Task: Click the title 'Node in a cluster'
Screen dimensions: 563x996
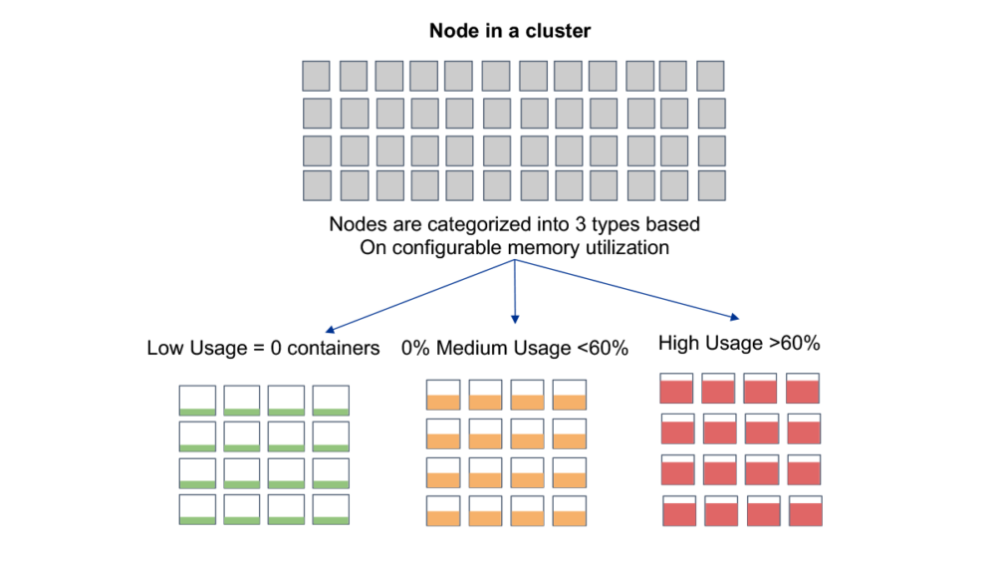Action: point(510,31)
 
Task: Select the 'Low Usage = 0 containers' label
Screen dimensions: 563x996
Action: point(264,348)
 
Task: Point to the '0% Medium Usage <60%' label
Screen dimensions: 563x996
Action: point(515,348)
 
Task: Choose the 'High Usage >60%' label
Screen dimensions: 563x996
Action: point(739,344)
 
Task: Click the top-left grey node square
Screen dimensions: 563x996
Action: point(316,76)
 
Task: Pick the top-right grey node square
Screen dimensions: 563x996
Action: point(710,76)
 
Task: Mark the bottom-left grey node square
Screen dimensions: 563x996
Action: point(316,185)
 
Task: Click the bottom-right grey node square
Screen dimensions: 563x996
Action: point(711,185)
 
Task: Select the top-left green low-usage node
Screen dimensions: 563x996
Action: point(196,401)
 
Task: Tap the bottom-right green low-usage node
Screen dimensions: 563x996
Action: point(330,509)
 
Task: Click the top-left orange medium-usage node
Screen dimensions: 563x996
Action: point(442,395)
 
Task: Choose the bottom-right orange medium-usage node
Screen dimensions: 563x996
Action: point(570,510)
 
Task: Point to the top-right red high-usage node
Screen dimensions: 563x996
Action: point(803,389)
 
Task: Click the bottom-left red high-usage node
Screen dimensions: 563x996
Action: point(679,511)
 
